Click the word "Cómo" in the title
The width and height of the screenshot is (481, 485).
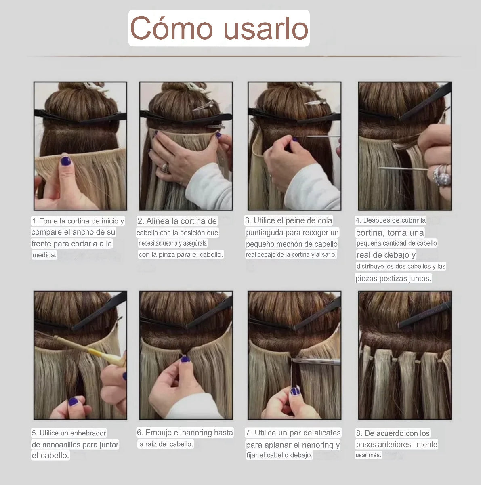coord(171,28)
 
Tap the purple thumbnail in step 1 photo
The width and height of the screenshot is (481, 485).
coord(65,162)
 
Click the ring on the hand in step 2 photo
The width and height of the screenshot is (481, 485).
coord(165,166)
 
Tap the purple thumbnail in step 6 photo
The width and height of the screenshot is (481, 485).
coord(185,359)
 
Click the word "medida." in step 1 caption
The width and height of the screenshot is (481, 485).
coord(44,255)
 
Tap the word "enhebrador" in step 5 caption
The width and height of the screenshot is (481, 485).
coord(88,433)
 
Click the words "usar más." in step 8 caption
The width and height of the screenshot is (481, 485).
coord(368,455)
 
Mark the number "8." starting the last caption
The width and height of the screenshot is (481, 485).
coord(359,433)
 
